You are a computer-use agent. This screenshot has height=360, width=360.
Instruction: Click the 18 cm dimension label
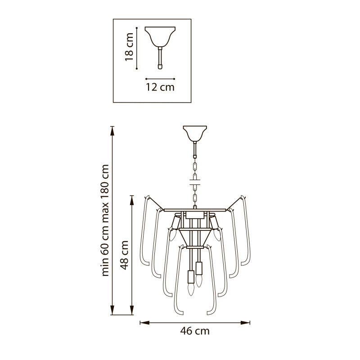point(129,47)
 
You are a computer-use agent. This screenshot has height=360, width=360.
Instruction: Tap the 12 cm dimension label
point(160,87)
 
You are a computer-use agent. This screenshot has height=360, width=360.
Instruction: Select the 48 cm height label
point(124,255)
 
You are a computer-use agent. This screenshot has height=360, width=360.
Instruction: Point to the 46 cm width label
point(195,331)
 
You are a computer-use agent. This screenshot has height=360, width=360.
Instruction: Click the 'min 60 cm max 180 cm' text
point(105,220)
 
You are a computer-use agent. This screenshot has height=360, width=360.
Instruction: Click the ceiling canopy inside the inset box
point(160,36)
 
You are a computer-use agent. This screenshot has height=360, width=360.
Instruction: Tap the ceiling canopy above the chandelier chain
point(195,133)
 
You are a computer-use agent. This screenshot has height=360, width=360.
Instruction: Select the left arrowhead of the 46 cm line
point(144,323)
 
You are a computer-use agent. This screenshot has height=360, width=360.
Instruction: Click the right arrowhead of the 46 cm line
point(245,323)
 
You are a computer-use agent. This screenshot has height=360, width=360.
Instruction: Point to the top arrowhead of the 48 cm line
point(132,200)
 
